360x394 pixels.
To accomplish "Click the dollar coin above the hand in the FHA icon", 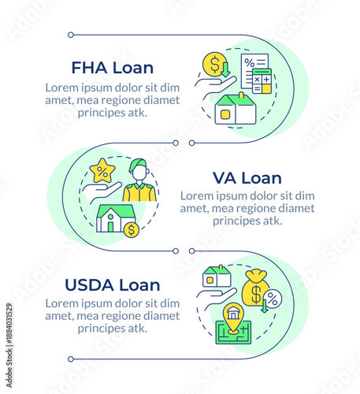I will pyautogui.click(x=213, y=63).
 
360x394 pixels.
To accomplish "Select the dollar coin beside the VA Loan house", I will pyautogui.click(x=131, y=229).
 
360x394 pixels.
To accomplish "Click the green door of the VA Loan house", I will pyautogui.click(x=110, y=226).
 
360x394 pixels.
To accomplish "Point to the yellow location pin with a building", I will pyautogui.click(x=233, y=316).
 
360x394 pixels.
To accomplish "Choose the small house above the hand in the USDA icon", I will pyautogui.click(x=217, y=276).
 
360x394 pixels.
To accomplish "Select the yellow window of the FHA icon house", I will pyautogui.click(x=225, y=115).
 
